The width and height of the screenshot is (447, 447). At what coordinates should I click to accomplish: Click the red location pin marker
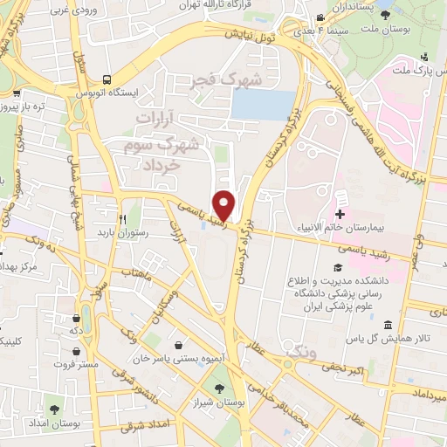[x=225, y=204]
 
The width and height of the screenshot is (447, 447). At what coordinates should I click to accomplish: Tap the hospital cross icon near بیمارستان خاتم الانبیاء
[x=340, y=214]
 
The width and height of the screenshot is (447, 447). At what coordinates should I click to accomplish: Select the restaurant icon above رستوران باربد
[x=122, y=218]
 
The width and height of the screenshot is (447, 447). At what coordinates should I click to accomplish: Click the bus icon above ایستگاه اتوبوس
[x=107, y=78]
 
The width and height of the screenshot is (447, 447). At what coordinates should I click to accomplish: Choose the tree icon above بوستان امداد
[x=54, y=408]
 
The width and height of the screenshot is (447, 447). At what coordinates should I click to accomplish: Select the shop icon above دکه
[x=86, y=317]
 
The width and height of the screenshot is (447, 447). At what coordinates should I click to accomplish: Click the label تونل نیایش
[x=246, y=35]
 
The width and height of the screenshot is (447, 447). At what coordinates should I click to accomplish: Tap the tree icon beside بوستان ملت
[x=385, y=15]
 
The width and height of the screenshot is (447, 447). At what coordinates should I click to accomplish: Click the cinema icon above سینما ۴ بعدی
[x=321, y=17]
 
